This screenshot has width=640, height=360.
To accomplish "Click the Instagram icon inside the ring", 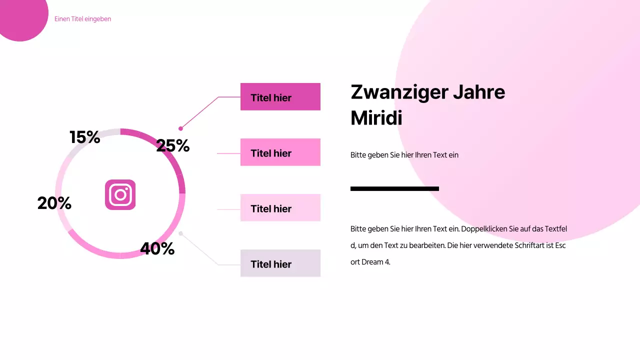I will coord(120,194).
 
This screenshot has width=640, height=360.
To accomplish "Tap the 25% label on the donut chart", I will coord(172,146).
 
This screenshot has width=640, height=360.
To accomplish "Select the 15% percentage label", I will coord(84,137).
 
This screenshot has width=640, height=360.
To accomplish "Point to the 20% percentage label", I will coord(54,203).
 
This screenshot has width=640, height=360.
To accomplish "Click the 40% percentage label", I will coord(157,248).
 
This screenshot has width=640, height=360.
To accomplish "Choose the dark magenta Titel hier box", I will coord(280,97).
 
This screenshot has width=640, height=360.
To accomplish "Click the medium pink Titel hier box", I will coord(280,152).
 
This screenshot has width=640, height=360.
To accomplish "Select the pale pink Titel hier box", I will coord(280,208).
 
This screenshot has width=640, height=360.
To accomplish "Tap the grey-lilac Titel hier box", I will coord(280,263).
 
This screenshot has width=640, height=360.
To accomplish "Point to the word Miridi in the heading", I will coord(376,118).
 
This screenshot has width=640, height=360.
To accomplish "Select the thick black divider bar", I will coord(394,188).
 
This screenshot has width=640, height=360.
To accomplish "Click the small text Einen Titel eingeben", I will coord(82,19).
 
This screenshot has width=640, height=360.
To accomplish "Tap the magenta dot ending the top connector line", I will coord(180,128).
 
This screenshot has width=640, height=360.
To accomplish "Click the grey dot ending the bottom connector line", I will coord(180,233).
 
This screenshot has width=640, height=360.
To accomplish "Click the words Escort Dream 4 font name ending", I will coord(370,261).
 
